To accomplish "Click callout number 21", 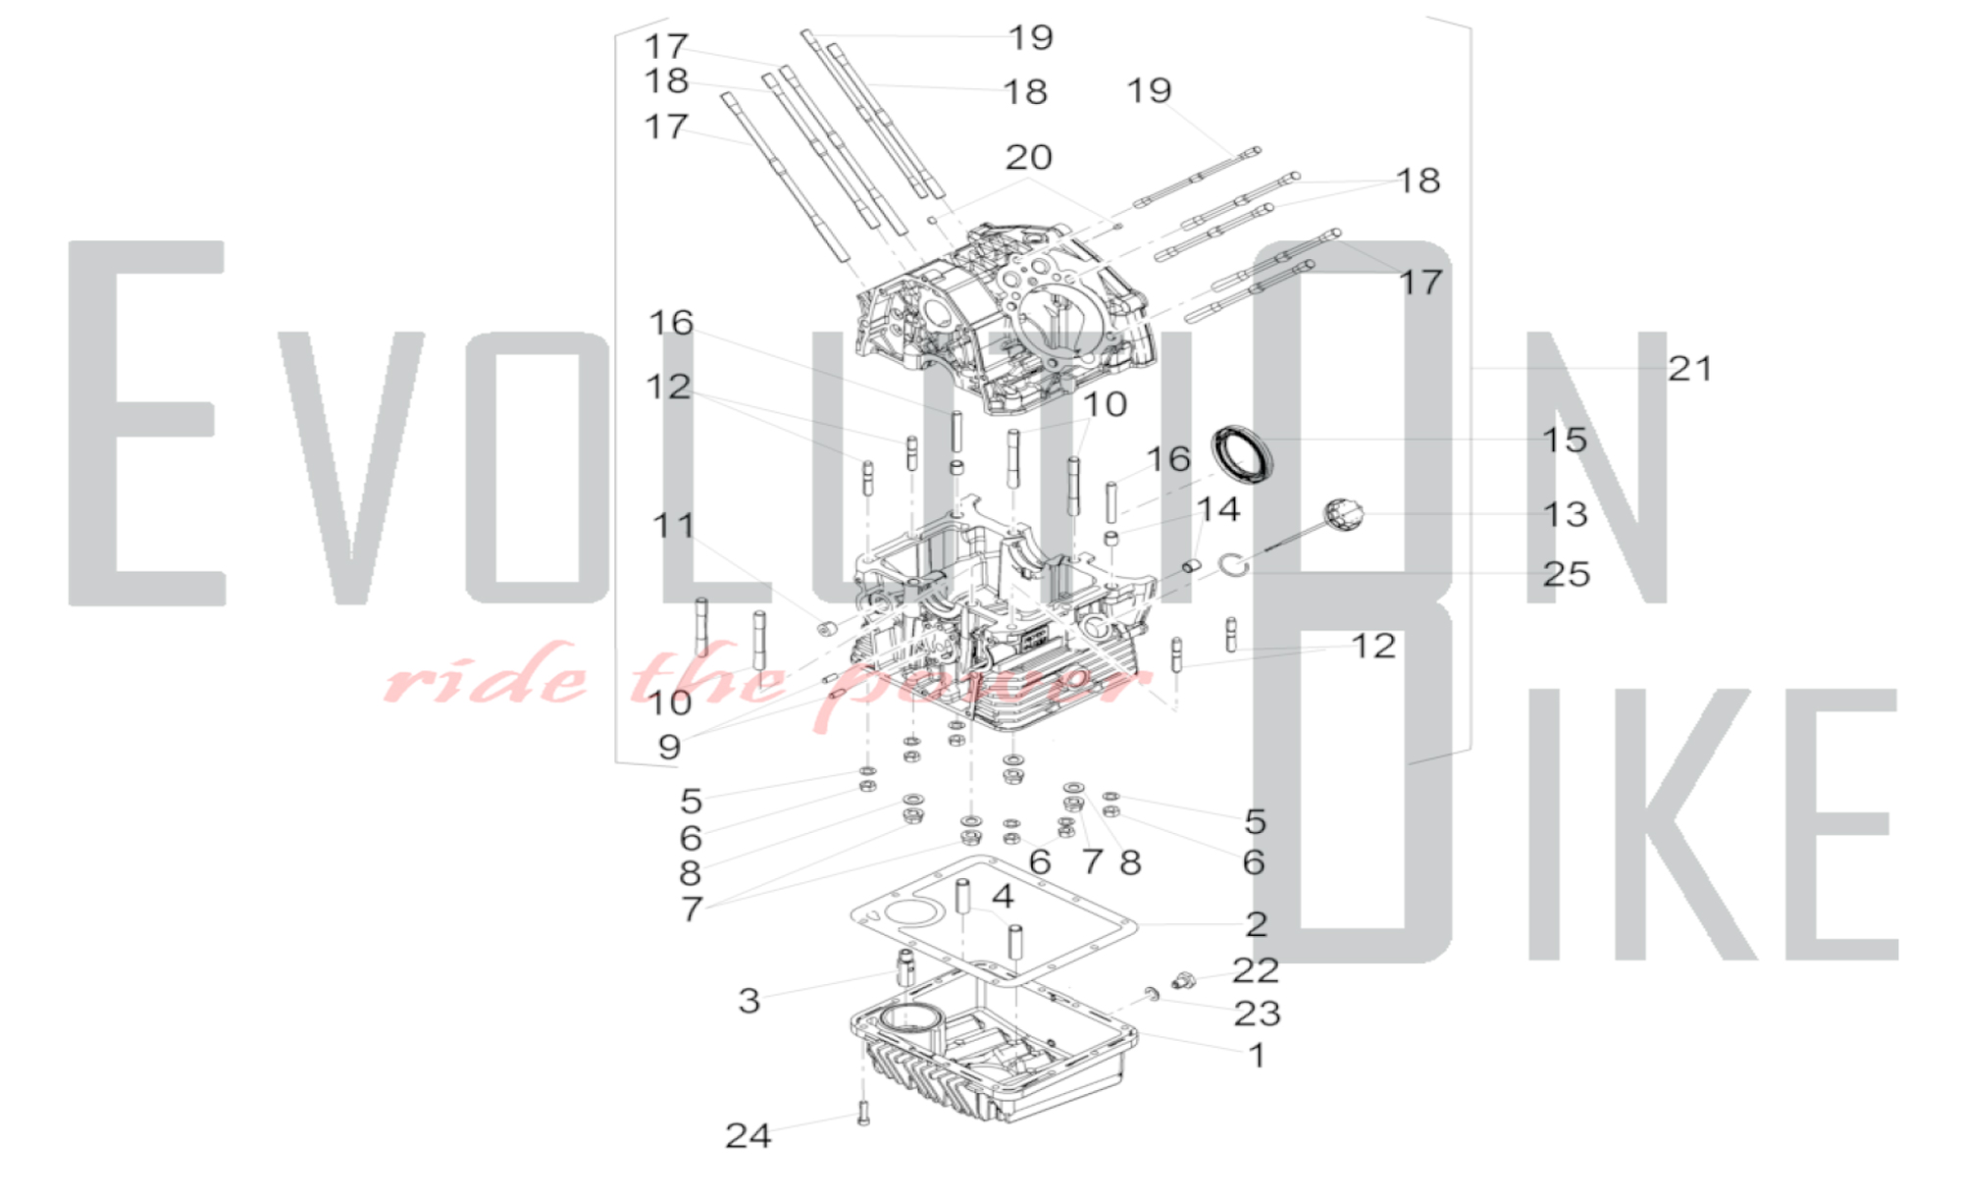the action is pos(1690,369).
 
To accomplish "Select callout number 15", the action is pos(1564,440).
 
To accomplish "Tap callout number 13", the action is pos(1565,514).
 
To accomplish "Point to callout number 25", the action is pos(1566,574).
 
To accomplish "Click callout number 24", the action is pos(748,1136).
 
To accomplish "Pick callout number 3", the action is pos(749,1001).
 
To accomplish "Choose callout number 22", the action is pos(1256,970).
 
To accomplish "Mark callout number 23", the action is pos(1257,1014).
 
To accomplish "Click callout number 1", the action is pos(1257,1056).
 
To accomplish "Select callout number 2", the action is pos(1257,924).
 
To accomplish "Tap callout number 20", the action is pos(1029,157).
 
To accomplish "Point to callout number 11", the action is pos(673,525).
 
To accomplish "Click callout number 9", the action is pos(669,748).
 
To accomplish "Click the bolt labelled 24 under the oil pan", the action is pos(863,1113).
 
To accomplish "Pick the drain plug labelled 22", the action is pos(1184,980).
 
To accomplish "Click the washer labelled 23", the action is pos(1152,995).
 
